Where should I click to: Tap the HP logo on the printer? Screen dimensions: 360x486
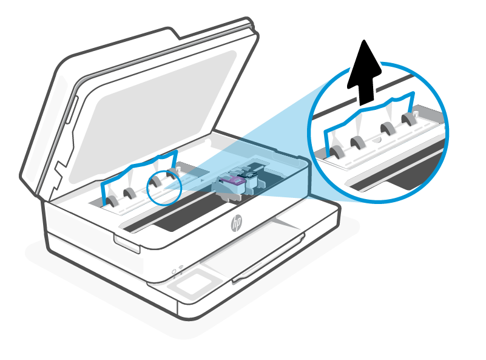pos(235,225)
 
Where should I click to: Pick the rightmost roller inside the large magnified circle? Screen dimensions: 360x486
pos(409,120)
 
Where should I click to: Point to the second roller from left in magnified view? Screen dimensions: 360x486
pos(358,142)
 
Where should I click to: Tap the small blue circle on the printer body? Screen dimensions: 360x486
pos(164,186)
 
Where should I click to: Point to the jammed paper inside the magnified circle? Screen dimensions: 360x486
pos(370,118)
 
